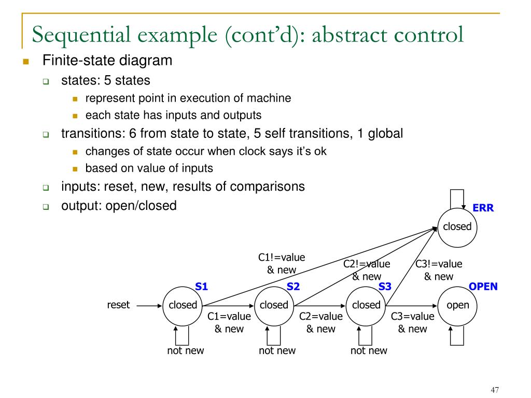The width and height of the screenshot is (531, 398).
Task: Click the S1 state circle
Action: (182, 305)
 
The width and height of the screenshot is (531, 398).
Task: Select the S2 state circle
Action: (274, 305)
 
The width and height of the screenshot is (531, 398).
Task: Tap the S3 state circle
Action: (366, 305)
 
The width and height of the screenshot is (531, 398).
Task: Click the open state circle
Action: (458, 305)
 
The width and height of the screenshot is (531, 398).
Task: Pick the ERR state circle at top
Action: (458, 226)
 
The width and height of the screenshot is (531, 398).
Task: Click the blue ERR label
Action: (483, 208)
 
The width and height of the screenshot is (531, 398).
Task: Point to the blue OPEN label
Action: (483, 287)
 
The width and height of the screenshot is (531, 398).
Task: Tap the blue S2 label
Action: (294, 287)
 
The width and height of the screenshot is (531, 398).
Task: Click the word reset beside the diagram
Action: (118, 305)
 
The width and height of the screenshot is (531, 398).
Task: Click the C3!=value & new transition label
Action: (439, 270)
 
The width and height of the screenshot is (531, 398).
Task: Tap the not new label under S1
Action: (185, 351)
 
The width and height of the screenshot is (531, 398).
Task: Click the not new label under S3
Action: (369, 351)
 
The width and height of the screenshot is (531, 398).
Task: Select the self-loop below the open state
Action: (458, 337)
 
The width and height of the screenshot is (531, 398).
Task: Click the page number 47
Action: (494, 391)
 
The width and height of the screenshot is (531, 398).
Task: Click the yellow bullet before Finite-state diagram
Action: (25, 62)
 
